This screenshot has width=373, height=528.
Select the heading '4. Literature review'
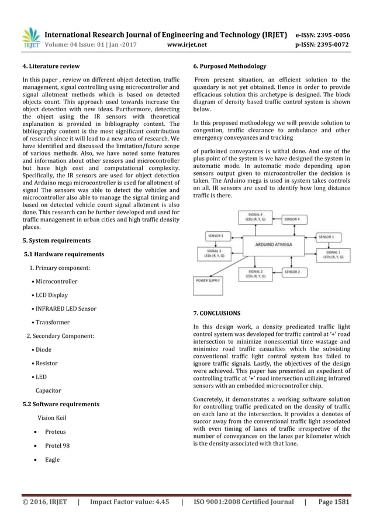50,66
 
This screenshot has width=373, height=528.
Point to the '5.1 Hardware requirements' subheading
64,255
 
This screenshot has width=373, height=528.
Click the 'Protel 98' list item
57,445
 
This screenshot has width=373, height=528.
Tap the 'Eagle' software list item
52,460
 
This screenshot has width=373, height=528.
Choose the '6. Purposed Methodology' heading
225,66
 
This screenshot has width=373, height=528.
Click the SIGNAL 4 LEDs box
255,218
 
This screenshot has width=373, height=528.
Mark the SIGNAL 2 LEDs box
255,274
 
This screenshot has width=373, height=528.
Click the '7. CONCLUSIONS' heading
217,313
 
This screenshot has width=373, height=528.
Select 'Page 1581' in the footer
334,502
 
